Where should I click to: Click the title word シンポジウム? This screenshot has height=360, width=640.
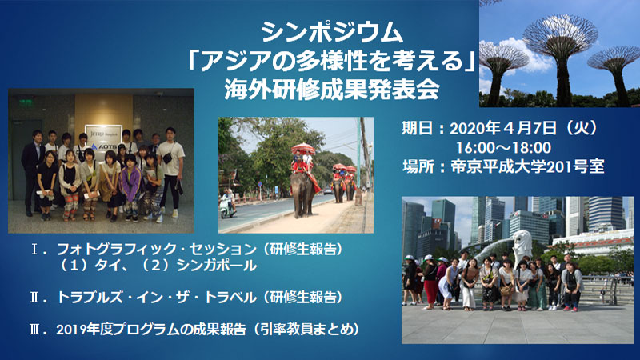(332, 32)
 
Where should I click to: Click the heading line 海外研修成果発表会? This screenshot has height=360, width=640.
(332, 89)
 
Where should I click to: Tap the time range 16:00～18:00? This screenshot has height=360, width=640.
(503, 148)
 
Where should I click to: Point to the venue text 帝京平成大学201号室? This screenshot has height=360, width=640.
(527, 166)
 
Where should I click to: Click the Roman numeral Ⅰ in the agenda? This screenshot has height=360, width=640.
(35, 249)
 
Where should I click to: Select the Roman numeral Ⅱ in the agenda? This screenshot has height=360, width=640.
(35, 297)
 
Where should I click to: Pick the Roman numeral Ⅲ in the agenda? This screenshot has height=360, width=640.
(35, 330)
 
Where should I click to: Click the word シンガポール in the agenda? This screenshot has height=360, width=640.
(216, 266)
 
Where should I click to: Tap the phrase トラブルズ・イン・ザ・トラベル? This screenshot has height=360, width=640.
(156, 297)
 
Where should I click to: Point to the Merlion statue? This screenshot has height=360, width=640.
(522, 244)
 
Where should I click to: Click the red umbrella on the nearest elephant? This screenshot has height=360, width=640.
(303, 149)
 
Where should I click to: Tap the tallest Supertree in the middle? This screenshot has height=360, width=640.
(562, 57)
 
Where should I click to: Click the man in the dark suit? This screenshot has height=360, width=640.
(33, 172)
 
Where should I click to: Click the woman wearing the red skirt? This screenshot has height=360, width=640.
(430, 281)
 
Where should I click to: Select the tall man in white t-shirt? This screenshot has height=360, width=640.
(170, 170)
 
